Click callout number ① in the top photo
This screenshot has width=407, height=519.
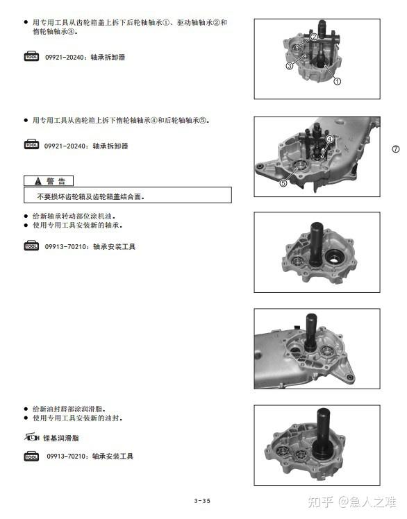(x=337, y=81)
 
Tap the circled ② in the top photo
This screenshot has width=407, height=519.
(x=314, y=36)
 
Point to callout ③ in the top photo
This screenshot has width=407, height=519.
(x=290, y=66)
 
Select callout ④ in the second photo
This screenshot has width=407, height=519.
(x=329, y=139)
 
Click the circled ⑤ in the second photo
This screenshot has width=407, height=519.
(x=283, y=182)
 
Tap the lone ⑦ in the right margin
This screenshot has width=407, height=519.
(x=396, y=149)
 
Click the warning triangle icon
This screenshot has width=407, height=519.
(x=38, y=181)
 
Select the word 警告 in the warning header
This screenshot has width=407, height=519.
(x=56, y=181)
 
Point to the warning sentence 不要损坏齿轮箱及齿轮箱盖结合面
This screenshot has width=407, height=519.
(x=91, y=196)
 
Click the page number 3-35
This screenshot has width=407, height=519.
(x=202, y=501)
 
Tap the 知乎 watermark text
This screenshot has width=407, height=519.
(x=320, y=502)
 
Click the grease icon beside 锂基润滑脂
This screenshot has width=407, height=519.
(x=32, y=438)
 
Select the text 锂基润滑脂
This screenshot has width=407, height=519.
(x=61, y=439)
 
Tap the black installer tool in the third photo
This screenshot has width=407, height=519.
(x=316, y=244)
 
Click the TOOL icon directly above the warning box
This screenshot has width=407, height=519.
(x=31, y=144)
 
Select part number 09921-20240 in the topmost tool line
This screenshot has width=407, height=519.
(x=65, y=58)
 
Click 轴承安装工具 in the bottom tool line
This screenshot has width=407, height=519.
(x=113, y=456)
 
